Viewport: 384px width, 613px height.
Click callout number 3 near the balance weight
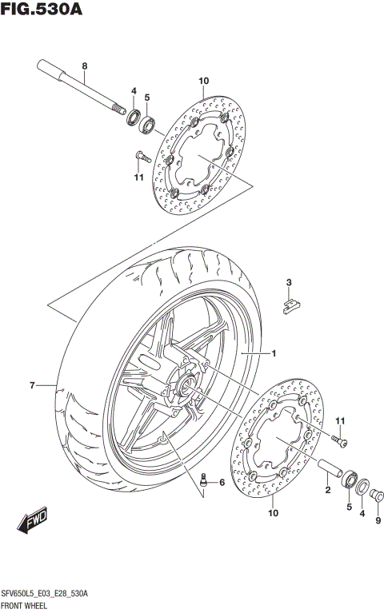tap(290, 282)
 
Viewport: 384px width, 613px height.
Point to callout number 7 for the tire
tap(33, 386)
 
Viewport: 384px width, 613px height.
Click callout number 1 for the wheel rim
tap(273, 353)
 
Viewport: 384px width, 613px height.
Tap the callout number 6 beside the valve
tap(222, 481)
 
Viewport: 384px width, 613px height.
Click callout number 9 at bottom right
tap(377, 522)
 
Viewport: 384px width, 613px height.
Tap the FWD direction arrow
tap(33, 523)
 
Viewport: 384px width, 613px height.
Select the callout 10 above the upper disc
tap(203, 81)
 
